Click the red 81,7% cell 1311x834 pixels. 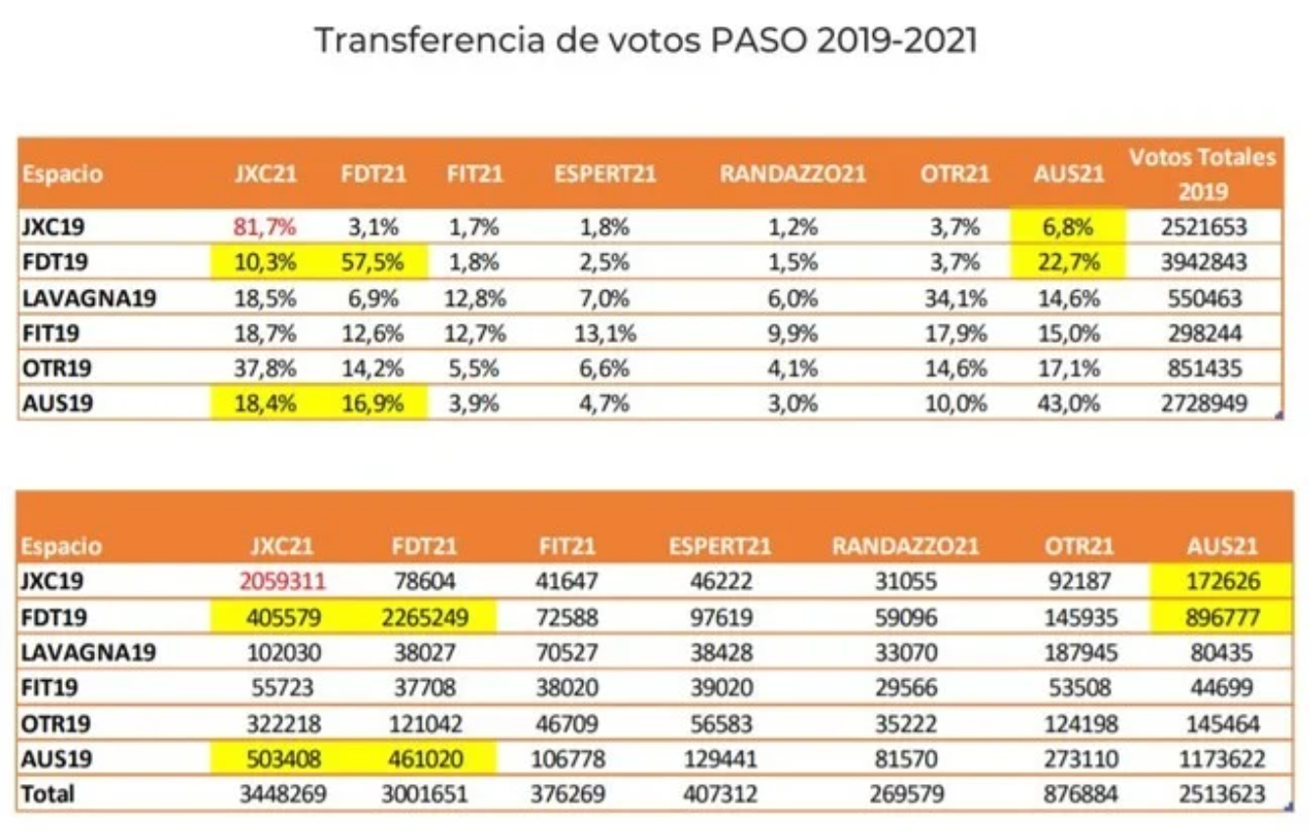point(265,227)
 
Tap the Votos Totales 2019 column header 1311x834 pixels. point(1203,172)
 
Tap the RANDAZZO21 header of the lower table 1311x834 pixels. point(905,546)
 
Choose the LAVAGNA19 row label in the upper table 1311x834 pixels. point(88,298)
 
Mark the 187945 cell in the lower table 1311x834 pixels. point(1078,653)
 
